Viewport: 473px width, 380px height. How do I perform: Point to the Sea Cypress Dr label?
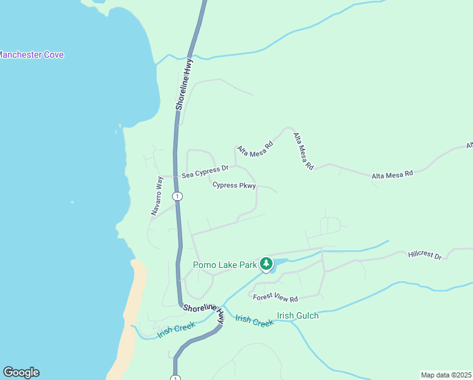coord(204,171)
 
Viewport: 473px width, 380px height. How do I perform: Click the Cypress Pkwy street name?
coord(234,186)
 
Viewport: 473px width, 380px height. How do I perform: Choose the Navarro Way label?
coord(157,197)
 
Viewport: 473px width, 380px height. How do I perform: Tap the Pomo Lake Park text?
coord(224,265)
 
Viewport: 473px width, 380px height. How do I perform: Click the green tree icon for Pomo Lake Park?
coord(266,263)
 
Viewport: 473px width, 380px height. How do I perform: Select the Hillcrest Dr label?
coord(424,255)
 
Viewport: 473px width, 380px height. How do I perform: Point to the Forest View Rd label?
coord(275,296)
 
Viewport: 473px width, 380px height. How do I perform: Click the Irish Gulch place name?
coord(298,315)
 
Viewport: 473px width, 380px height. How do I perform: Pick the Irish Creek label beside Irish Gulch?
coord(254,320)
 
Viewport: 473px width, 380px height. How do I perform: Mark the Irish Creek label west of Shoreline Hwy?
coord(176,331)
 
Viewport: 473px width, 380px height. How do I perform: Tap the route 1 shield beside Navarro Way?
coord(178,196)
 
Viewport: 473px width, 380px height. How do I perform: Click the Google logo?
coord(21,372)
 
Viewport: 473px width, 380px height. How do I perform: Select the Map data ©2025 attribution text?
coord(446,375)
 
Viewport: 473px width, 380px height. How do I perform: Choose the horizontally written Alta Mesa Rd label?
coord(392,174)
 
